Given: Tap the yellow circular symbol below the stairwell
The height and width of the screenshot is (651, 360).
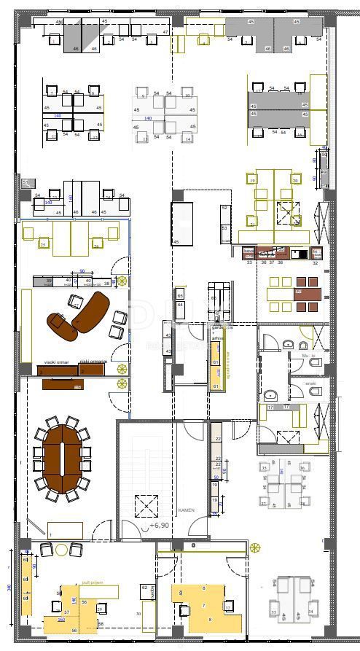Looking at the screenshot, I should pos(255,547).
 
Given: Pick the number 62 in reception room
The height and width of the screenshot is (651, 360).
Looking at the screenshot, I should pos(144,588).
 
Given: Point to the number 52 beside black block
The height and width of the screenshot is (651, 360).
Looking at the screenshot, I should pos(224,208).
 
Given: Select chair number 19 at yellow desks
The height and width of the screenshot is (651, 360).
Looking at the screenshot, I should pos(252,181).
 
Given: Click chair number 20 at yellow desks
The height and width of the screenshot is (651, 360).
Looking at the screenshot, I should pos(295,181).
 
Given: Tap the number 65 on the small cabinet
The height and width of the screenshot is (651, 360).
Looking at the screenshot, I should pos(180,295).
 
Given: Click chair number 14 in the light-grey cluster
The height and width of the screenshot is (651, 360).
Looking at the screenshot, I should pos(187,139).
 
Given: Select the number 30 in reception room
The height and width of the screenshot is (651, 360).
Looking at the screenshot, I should pos(138,614).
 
